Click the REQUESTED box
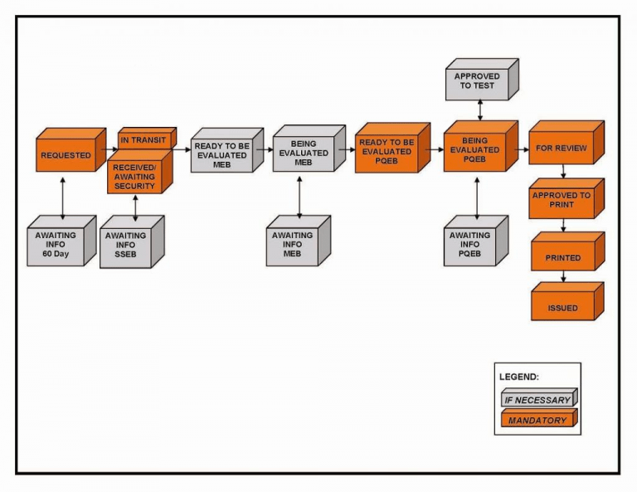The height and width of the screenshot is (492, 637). (x=66, y=155)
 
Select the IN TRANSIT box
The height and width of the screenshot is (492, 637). (x=143, y=140)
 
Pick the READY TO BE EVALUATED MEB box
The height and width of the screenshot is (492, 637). (x=221, y=155)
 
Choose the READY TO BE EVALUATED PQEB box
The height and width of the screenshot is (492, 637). (x=387, y=152)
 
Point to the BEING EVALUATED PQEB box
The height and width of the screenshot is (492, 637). (x=474, y=150)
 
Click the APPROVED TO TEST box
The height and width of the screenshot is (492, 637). (x=477, y=81)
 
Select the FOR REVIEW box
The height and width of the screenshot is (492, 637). (x=561, y=149)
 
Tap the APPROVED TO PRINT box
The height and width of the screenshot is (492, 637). (x=562, y=201)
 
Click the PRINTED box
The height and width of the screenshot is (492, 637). (x=562, y=258)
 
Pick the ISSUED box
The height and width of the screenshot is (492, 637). (x=562, y=308)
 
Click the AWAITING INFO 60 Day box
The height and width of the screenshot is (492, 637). (x=56, y=246)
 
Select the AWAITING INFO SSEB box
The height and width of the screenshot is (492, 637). (x=126, y=246)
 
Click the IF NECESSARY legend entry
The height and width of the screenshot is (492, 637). (x=537, y=400)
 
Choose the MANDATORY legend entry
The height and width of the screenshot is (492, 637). (x=537, y=421)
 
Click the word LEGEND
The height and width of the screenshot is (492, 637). (x=519, y=377)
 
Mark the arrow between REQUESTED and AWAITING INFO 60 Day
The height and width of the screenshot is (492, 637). (x=63, y=196)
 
